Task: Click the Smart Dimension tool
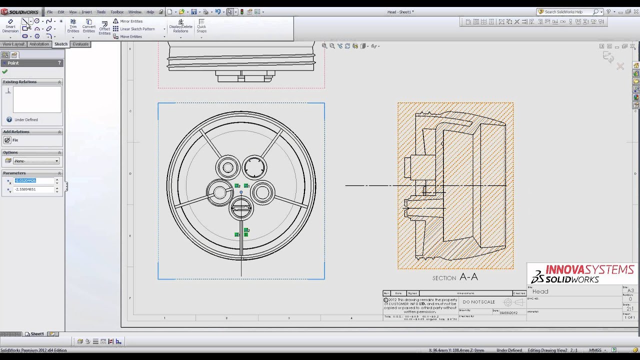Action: [x=10, y=26]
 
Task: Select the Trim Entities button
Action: [x=73, y=26]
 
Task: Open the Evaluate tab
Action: [x=80, y=44]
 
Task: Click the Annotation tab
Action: [x=39, y=44]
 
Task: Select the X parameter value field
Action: [x=33, y=180]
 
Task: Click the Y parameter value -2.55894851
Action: [x=33, y=189]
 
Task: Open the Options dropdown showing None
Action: [x=36, y=161]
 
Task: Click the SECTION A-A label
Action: [x=455, y=277]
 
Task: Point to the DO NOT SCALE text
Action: [x=478, y=302]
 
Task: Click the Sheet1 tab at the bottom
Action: [x=37, y=334]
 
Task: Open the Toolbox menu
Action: [x=117, y=12]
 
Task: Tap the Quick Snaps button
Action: [x=201, y=26]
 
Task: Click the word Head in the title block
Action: [x=540, y=291]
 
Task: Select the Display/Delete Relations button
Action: [x=180, y=26]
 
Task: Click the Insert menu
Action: [x=87, y=12]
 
